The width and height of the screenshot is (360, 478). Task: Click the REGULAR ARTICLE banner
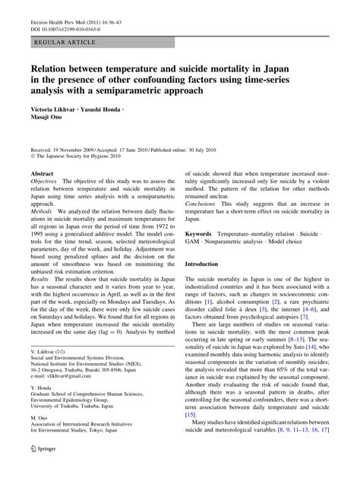pos(58,36)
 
